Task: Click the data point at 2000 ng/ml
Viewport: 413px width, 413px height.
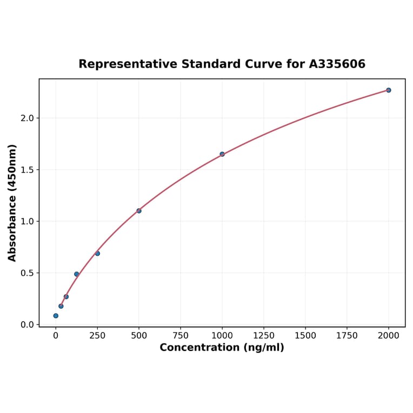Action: tap(388, 90)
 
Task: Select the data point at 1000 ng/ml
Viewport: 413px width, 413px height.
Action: tap(222, 154)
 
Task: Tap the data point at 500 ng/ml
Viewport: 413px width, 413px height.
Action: tap(139, 211)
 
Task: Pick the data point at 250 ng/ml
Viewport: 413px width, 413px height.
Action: tap(97, 254)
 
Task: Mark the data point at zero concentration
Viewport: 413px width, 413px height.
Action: tap(56, 316)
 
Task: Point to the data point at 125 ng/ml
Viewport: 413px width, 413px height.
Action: tap(77, 274)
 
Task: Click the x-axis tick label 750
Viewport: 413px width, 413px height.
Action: tap(181, 336)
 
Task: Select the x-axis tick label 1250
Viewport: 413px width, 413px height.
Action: tap(264, 336)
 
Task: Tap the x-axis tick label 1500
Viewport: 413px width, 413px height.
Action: tap(305, 336)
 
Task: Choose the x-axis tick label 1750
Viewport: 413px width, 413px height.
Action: tap(347, 336)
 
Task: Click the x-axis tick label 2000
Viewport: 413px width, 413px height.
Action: tap(388, 336)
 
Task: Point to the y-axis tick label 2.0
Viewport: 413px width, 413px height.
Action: tap(27, 118)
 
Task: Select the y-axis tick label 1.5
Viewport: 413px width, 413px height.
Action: tap(27, 170)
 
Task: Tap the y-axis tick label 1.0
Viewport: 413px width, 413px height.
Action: tap(27, 222)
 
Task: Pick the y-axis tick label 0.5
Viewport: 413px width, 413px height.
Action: tap(27, 273)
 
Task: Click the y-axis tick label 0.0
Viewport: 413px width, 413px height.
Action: tap(27, 325)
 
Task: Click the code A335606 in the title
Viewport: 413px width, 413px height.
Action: tap(337, 64)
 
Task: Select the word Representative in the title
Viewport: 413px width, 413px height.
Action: tap(128, 64)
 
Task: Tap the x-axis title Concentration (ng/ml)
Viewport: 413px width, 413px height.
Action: tap(222, 348)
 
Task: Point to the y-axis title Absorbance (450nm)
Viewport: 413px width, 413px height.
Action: tap(12, 203)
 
